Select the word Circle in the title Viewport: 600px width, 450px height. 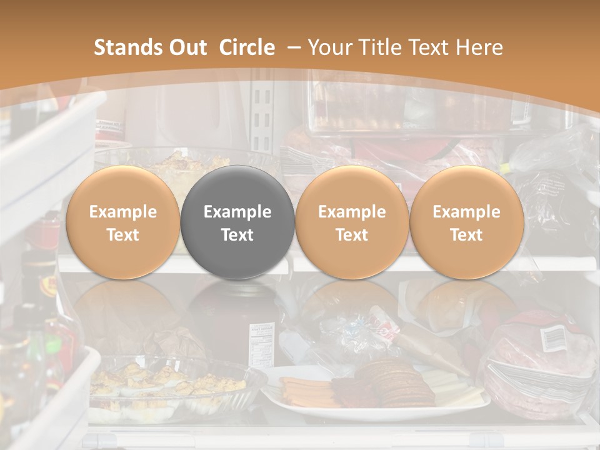[x=247, y=47]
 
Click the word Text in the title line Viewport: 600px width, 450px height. [x=431, y=47]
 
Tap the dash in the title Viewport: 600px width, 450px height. [x=294, y=47]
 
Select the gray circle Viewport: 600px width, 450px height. [x=237, y=222]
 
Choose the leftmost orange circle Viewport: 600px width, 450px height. [x=123, y=222]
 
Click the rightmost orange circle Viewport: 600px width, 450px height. [x=466, y=222]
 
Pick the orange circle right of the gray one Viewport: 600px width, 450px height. [x=352, y=222]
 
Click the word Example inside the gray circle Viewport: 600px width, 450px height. [x=237, y=212]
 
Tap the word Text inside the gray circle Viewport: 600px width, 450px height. [x=237, y=235]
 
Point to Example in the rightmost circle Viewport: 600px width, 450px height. [x=466, y=212]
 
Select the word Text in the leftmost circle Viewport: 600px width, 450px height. [x=123, y=235]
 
